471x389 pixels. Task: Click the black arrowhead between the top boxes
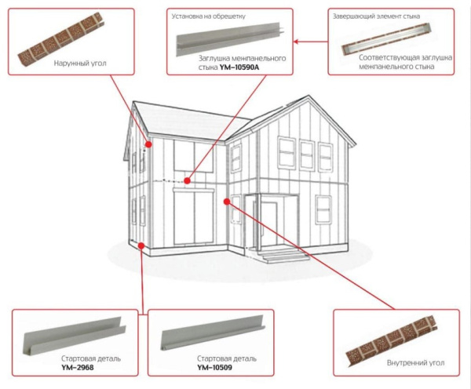(x=295, y=38)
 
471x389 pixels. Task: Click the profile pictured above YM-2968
(x=73, y=333)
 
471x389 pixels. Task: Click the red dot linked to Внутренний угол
(x=227, y=202)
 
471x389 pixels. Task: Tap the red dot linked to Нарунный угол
(x=148, y=144)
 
